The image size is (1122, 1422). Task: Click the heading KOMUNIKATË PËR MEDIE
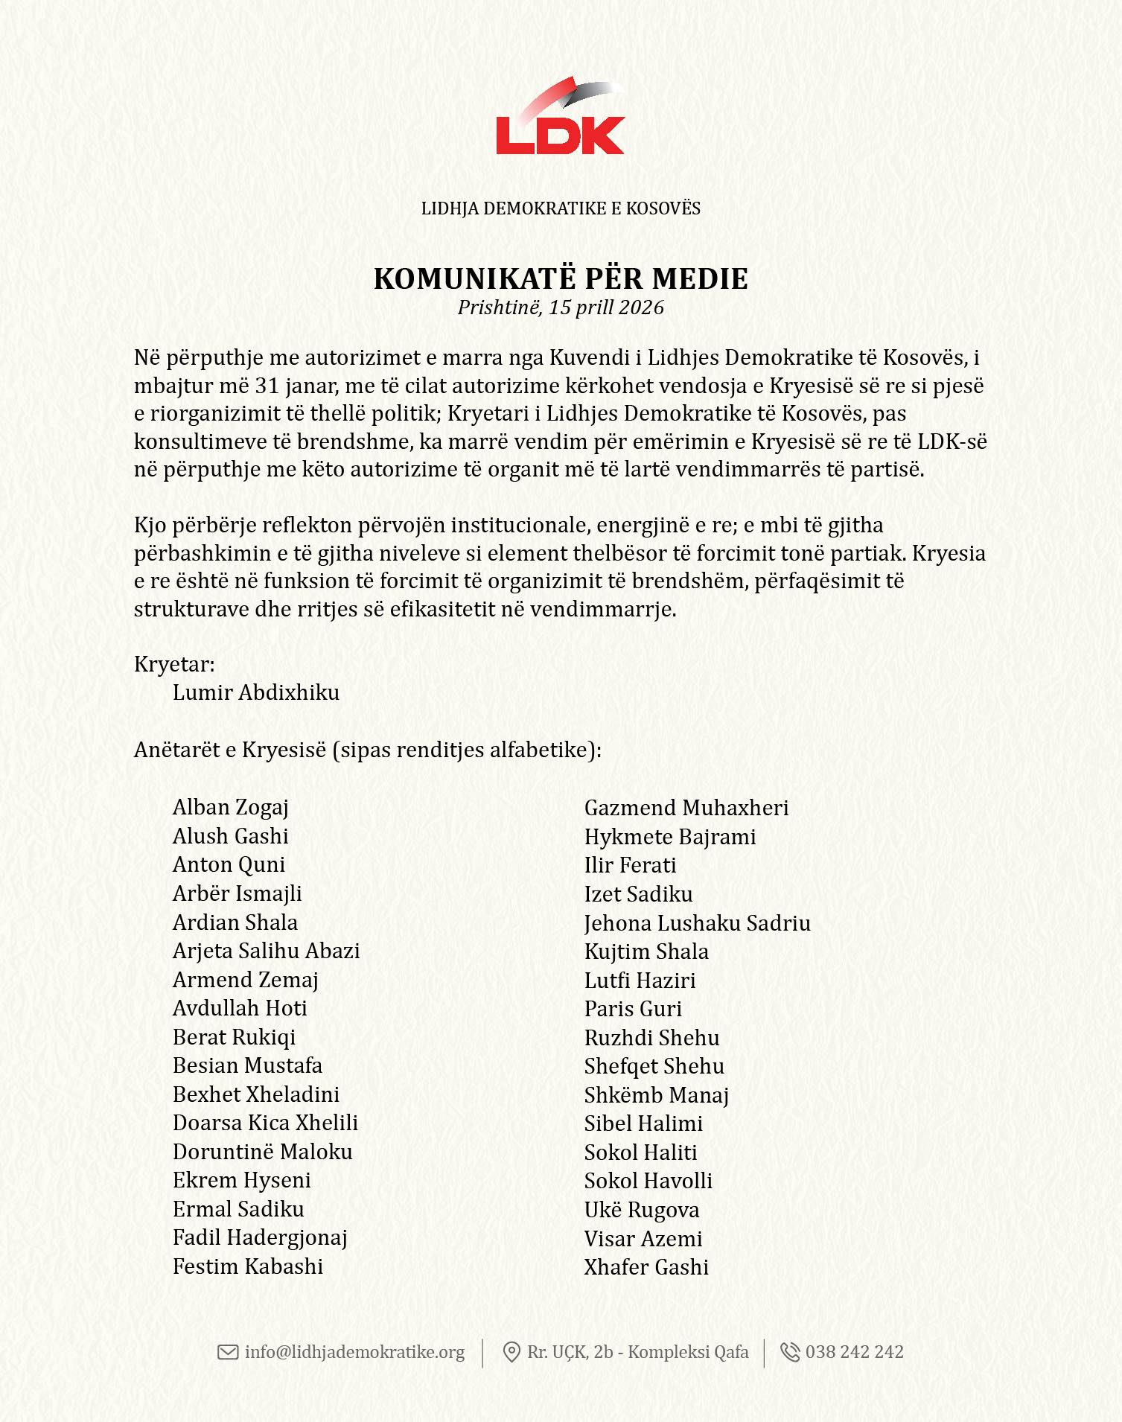(x=561, y=278)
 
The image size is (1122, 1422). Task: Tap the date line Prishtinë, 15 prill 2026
(x=561, y=307)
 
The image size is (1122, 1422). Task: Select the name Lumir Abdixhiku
(x=256, y=692)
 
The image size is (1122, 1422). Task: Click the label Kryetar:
(x=174, y=664)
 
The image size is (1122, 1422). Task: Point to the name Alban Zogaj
(x=231, y=807)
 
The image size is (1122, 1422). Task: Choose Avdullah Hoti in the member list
(x=240, y=1008)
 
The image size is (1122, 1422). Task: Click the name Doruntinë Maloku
(x=263, y=1152)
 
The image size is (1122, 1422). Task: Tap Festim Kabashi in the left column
(x=248, y=1266)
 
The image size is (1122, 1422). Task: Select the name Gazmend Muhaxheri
(x=686, y=808)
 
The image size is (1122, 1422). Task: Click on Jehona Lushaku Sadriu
(x=698, y=923)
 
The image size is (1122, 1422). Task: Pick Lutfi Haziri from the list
(x=640, y=981)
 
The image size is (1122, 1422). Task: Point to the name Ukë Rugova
(x=642, y=1210)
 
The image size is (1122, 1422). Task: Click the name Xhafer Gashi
(x=646, y=1267)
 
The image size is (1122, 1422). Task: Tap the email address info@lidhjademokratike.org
(x=354, y=1352)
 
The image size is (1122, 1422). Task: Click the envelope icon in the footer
(x=228, y=1352)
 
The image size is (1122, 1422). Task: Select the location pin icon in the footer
(x=511, y=1352)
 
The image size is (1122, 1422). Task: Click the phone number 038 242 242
(x=855, y=1352)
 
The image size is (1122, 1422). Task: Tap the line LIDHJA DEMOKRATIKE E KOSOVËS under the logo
(x=561, y=208)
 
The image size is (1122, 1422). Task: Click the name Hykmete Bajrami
(x=670, y=837)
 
